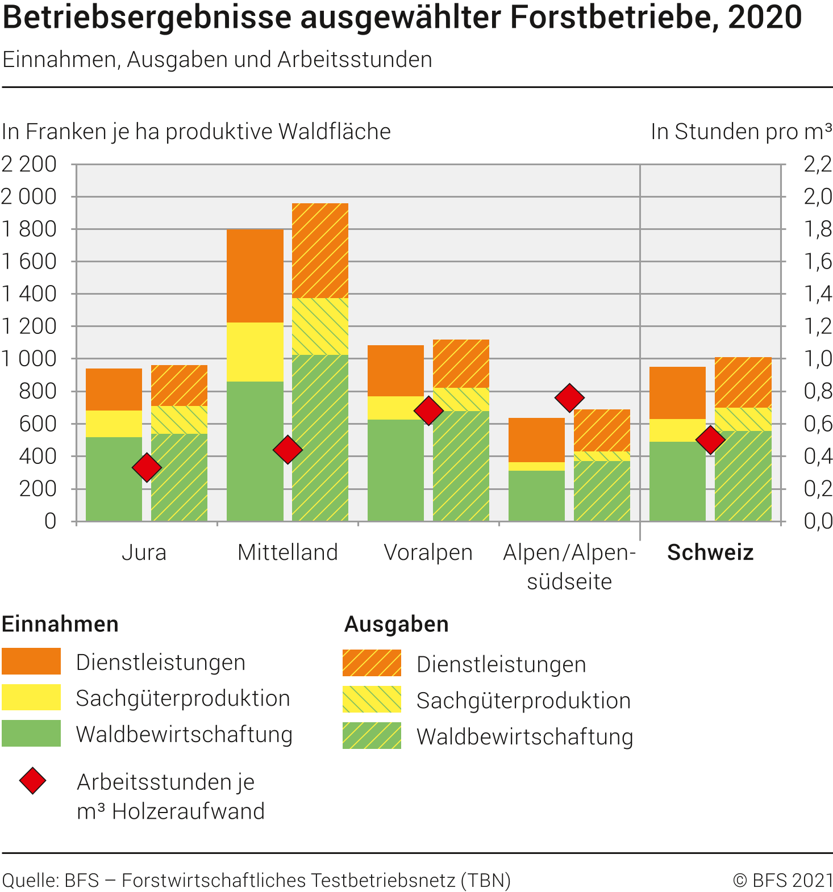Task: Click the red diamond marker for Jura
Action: [x=147, y=467]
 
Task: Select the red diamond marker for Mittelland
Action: [x=288, y=450]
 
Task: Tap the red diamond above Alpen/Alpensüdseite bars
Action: [x=569, y=397]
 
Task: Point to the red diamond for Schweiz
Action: [x=710, y=439]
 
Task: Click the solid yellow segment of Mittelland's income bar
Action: [x=255, y=352]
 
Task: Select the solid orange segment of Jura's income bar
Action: [x=114, y=390]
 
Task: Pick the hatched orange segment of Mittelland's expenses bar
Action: [x=320, y=250]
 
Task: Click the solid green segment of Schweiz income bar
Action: [x=677, y=481]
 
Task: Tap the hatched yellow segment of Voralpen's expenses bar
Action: [x=461, y=399]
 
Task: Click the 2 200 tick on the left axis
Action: [x=29, y=165]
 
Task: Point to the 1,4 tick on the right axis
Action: [x=818, y=294]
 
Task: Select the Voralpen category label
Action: [x=428, y=552]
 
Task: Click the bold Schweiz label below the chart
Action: [x=710, y=552]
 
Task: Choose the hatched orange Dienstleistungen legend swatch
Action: [x=372, y=663]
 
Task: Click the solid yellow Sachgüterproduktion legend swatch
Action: [x=31, y=697]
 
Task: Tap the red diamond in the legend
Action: [x=33, y=781]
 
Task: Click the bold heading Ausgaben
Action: [x=397, y=624]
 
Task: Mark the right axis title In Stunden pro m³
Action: [x=741, y=132]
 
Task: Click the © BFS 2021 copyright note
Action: [x=782, y=880]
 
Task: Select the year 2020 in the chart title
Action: [x=765, y=18]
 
